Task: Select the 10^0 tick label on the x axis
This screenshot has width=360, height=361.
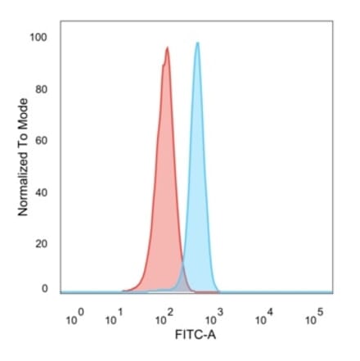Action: click(72, 317)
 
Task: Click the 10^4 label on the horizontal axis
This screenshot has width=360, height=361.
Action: click(263, 317)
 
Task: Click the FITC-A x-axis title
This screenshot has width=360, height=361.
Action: click(196, 336)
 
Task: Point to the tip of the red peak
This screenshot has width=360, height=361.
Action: click(167, 47)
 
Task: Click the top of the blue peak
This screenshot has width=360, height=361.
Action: click(197, 43)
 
